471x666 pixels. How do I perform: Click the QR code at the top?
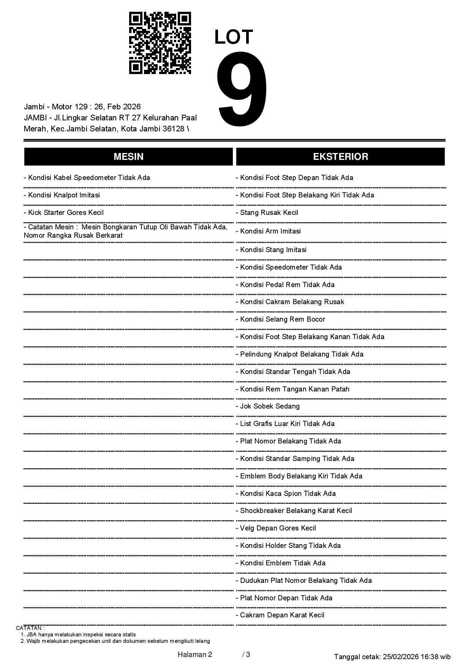(160, 43)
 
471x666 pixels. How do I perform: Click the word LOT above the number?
(234, 37)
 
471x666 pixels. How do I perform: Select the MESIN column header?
(128, 156)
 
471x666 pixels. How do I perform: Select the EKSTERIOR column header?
(340, 156)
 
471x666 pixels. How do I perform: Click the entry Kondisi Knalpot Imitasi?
(62, 195)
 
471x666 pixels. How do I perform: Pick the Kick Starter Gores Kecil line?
(64, 213)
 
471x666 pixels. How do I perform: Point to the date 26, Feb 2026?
(117, 107)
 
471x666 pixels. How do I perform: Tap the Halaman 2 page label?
(195, 655)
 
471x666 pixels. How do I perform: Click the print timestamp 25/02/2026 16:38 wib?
(417, 657)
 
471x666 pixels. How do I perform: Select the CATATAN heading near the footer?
(30, 628)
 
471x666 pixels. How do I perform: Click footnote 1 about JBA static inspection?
(78, 634)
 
